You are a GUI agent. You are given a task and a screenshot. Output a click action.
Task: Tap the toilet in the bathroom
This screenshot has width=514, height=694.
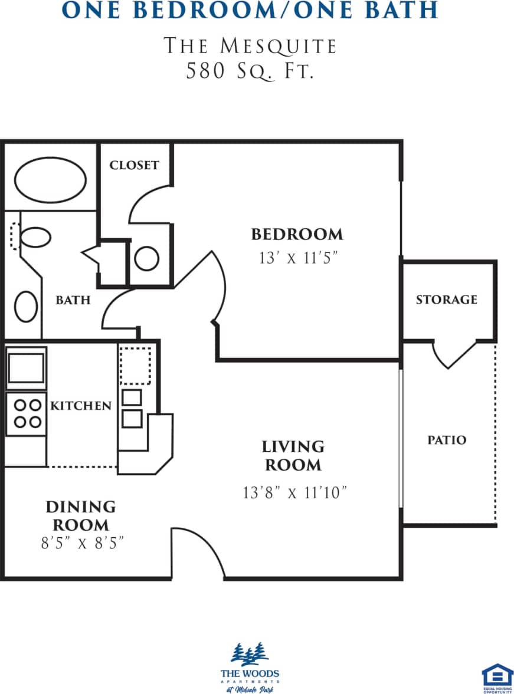(x=34, y=238)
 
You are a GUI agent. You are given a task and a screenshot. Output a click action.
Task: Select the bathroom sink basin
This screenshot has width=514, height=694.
(x=26, y=307)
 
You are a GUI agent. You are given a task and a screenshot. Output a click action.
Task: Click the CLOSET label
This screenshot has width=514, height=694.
(x=134, y=165)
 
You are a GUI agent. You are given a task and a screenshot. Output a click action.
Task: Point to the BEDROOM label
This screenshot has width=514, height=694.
(x=297, y=234)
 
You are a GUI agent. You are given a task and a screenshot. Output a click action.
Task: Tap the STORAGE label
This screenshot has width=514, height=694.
(x=446, y=300)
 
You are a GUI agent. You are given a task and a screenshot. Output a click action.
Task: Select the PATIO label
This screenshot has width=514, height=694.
(x=447, y=440)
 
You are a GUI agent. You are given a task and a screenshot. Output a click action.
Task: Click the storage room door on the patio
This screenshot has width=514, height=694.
(x=454, y=354)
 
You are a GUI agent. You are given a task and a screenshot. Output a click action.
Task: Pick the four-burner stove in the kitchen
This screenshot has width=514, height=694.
(x=27, y=413)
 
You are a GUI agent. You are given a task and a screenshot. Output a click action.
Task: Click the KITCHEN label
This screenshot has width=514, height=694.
(x=81, y=406)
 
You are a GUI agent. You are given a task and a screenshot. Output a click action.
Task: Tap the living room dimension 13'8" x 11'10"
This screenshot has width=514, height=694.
(x=293, y=492)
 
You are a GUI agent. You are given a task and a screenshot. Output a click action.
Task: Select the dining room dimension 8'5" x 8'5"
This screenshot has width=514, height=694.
(x=81, y=543)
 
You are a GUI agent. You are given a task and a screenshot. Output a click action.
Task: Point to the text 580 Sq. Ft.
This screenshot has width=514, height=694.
(x=250, y=71)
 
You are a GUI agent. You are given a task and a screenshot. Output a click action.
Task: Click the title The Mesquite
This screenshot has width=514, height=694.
(x=250, y=46)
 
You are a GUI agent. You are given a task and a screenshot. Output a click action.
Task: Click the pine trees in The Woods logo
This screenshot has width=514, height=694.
(x=250, y=654)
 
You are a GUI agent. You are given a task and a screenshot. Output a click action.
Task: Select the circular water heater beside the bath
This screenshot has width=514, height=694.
(x=146, y=258)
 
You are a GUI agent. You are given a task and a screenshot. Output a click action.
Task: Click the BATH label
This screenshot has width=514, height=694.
(x=73, y=300)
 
